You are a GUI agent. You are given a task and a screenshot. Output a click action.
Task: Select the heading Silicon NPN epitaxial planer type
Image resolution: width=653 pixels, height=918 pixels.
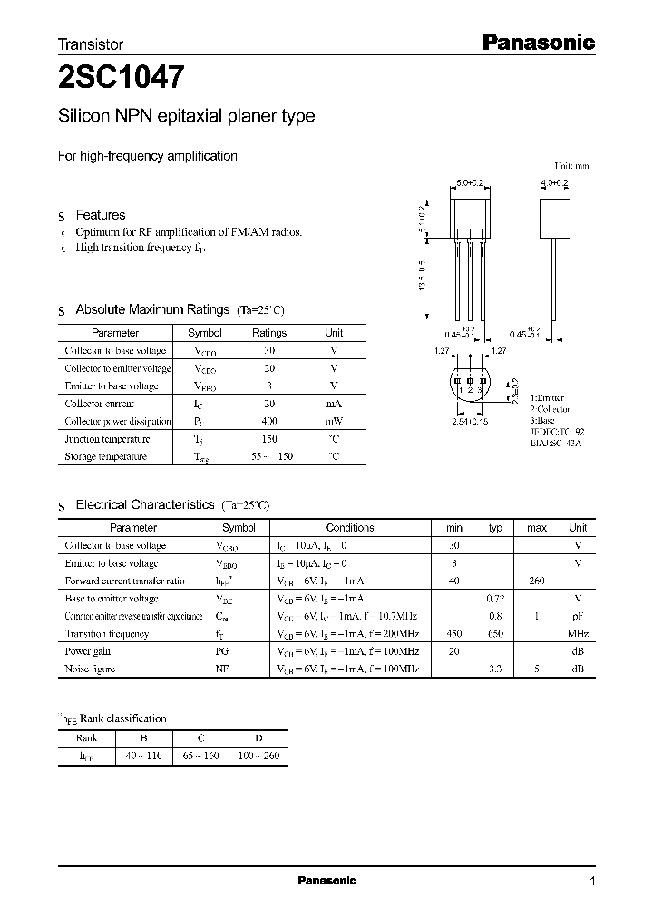point(186,116)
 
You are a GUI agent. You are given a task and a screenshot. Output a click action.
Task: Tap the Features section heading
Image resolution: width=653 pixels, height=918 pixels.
point(100,215)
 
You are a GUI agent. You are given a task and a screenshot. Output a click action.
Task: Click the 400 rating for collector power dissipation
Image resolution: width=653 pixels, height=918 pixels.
point(269,422)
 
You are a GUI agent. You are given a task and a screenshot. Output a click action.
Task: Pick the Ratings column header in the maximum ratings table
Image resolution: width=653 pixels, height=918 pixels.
point(269,333)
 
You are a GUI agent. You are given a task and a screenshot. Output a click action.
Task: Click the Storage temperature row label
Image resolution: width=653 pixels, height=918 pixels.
point(105,456)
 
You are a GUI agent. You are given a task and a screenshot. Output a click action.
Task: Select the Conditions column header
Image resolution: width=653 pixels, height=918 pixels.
point(350,527)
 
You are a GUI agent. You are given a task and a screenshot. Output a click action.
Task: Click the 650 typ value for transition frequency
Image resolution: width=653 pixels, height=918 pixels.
point(496,634)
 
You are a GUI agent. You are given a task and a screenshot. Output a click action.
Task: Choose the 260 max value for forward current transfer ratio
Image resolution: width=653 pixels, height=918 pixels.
point(537,581)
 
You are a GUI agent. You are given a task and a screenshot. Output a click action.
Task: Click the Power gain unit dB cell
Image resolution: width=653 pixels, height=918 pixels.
point(578,651)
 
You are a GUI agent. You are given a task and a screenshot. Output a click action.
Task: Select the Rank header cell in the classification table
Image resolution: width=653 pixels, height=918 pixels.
point(86,737)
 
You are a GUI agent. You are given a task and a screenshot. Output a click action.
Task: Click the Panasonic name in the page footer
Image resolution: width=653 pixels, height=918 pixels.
point(326,881)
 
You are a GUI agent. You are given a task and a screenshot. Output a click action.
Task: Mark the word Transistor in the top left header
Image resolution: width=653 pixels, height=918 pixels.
point(91,44)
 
